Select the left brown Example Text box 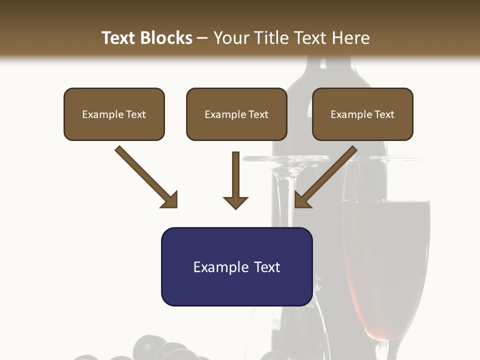114,114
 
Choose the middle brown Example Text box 236,114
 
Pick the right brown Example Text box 362,114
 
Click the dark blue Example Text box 236,266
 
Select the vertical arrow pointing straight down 235,180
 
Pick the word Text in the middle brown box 258,114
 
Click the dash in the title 202,38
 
